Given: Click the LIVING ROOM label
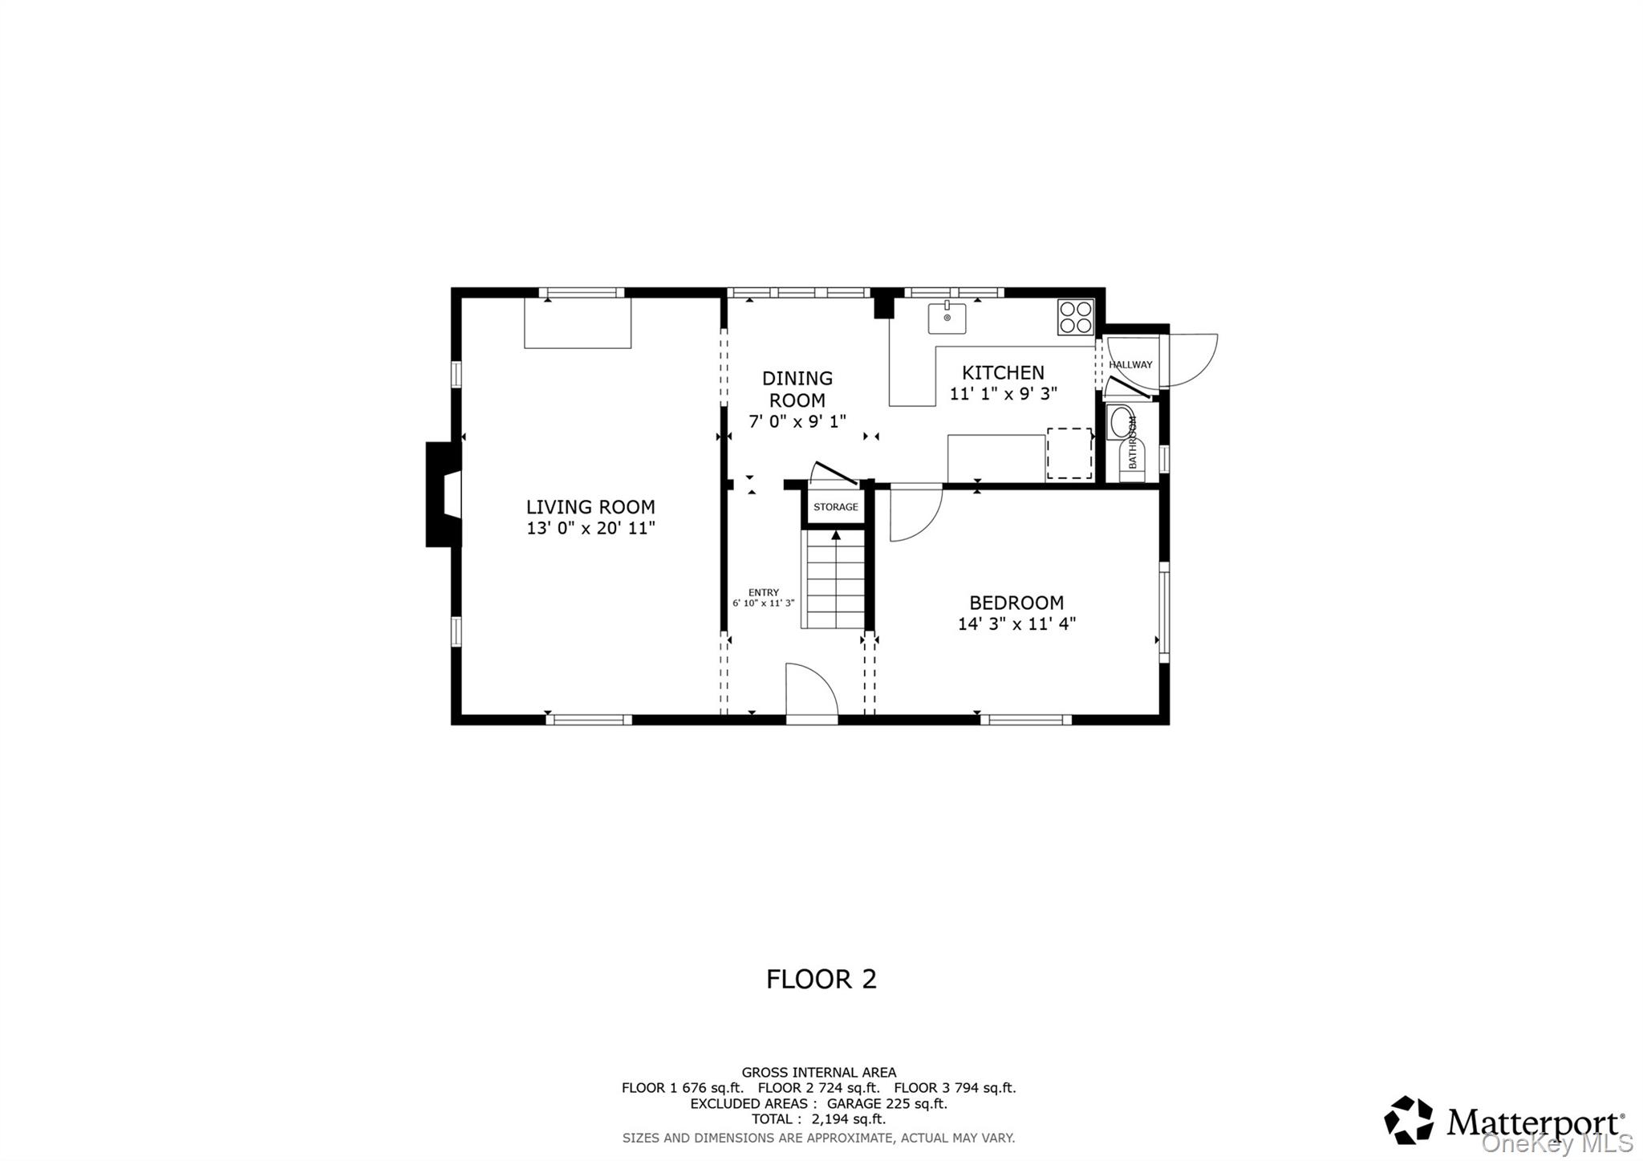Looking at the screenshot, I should (590, 507).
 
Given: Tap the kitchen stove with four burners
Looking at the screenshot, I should (1075, 317).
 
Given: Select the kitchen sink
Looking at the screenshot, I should (947, 319).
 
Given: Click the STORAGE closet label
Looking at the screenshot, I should (835, 507).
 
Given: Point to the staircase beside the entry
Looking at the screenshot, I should (836, 583).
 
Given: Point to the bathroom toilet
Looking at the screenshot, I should (1121, 423).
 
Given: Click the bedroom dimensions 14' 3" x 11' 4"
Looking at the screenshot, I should (1016, 624).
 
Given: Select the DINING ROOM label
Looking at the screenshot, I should (797, 388).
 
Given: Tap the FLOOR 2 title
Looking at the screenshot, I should (821, 979).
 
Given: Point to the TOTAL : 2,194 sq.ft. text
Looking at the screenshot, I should (818, 1119).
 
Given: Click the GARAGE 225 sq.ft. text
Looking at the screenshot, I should (887, 1103).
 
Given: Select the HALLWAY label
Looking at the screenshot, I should (1130, 365).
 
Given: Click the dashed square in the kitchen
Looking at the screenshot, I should (1069, 453).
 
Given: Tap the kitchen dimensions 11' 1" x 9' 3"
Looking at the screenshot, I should (1003, 394).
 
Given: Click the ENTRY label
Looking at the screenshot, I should (763, 593).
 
